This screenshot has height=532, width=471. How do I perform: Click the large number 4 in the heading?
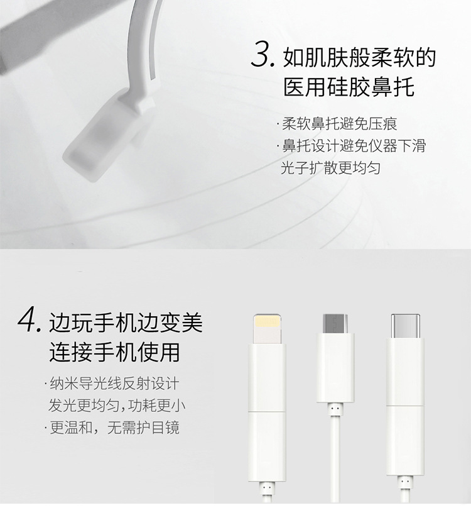pos(29,319)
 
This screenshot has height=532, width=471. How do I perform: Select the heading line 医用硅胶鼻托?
pos(349,87)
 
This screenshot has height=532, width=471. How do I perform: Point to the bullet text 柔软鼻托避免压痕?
pos(339,123)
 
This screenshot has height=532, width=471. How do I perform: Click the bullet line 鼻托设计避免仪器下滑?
pos(354,146)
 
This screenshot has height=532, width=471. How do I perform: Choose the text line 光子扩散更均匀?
pos(330,168)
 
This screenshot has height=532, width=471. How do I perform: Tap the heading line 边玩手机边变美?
pos(126,323)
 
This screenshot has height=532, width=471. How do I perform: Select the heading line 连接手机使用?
pos(115,352)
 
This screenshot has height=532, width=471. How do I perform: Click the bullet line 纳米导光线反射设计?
pos(114,384)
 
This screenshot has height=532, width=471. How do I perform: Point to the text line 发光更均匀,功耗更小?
pos(117,406)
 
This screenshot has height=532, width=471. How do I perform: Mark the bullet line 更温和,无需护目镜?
pos(114,427)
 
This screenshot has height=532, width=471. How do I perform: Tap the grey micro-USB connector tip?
pos(335,323)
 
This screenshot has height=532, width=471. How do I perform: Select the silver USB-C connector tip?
pos(405,326)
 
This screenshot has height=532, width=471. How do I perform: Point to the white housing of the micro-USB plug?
pos(335,368)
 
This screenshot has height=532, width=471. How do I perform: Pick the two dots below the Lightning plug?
pos(267,487)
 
